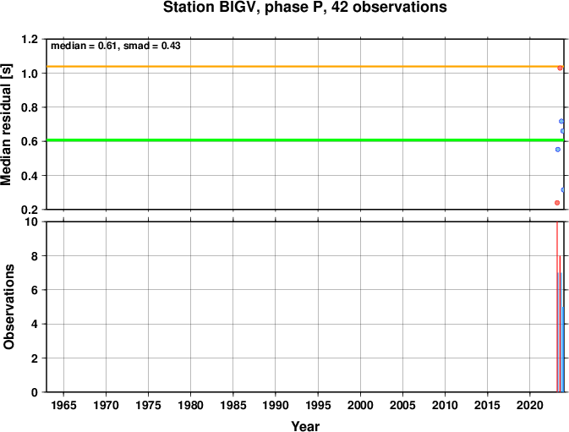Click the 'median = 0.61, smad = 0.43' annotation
click(x=115, y=46)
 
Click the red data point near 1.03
click(x=560, y=68)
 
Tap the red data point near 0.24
click(x=557, y=203)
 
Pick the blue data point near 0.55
click(x=558, y=150)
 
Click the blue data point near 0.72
click(x=561, y=121)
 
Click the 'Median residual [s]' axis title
click(x=6, y=124)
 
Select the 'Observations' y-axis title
click(x=8, y=307)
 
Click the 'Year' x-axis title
click(x=305, y=426)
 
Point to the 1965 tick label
click(x=63, y=405)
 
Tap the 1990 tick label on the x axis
click(x=276, y=405)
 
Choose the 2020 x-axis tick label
click(x=529, y=405)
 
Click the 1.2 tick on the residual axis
click(x=30, y=39)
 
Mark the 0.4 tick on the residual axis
click(x=30, y=176)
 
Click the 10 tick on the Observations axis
click(x=32, y=221)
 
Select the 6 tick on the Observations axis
click(x=35, y=290)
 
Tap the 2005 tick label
click(x=402, y=405)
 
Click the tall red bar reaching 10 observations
click(x=557, y=307)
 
